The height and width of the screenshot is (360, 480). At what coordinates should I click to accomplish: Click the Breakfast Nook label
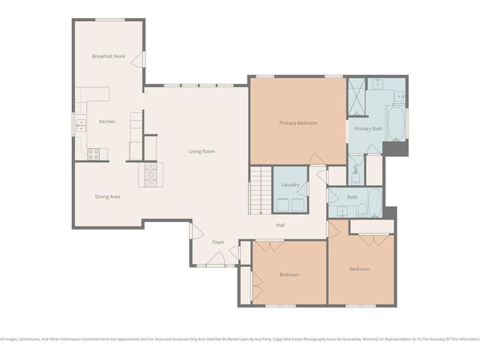(108, 56)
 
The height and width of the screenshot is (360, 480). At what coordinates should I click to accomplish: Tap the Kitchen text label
(106, 121)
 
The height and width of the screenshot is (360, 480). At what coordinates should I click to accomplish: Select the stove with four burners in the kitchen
(94, 154)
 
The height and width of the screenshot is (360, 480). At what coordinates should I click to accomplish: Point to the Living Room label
(202, 151)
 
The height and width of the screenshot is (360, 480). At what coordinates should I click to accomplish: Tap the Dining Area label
(107, 196)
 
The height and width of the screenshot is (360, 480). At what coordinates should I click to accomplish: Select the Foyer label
(217, 242)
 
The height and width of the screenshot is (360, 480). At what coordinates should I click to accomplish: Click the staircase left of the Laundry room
(259, 190)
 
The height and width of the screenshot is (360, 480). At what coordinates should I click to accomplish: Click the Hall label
(280, 225)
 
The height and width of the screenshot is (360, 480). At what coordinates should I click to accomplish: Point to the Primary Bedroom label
(298, 123)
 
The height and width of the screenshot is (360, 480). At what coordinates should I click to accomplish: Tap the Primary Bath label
(368, 129)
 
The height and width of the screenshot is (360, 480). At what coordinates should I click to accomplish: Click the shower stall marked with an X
(356, 96)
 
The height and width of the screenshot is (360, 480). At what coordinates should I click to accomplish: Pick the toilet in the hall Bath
(361, 210)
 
